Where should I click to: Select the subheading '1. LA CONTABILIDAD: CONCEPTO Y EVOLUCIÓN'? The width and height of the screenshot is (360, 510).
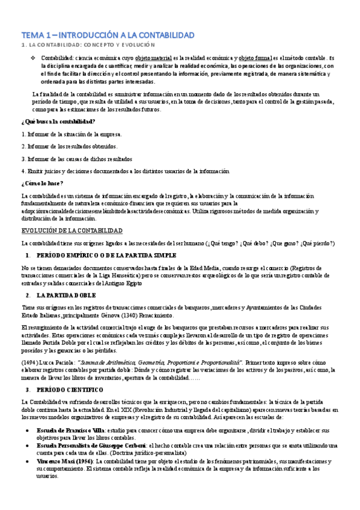[x=88, y=45]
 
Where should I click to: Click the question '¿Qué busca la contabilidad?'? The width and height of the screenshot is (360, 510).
[x=50, y=121]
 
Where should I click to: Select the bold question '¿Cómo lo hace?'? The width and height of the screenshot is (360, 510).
[x=42, y=183]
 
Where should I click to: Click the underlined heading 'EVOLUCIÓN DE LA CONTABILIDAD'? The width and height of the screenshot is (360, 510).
[x=72, y=231]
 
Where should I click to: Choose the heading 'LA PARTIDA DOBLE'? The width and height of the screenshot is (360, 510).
[x=67, y=295]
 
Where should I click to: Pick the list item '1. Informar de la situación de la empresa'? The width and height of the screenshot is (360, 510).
[x=72, y=134]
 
